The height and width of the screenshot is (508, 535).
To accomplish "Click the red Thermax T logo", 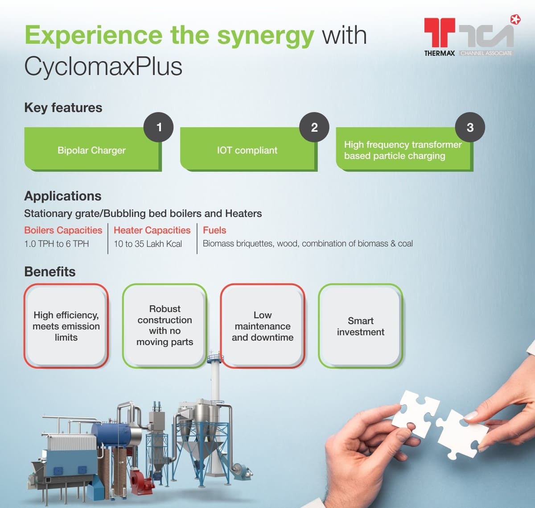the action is [x=440, y=32].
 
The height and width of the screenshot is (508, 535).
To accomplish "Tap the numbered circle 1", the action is [x=159, y=127].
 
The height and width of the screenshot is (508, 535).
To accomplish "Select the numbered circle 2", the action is [x=314, y=127].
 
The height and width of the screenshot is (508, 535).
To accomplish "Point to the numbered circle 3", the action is [x=470, y=127].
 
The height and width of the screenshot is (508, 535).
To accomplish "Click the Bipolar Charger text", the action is [x=91, y=150].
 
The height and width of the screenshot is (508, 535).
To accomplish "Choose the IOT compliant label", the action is [x=247, y=150].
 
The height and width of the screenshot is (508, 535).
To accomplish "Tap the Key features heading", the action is [x=63, y=108].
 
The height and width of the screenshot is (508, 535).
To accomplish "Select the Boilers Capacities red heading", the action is [x=63, y=230].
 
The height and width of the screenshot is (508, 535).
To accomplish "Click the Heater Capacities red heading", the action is [x=152, y=230].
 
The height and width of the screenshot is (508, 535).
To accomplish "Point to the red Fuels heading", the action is [x=214, y=230].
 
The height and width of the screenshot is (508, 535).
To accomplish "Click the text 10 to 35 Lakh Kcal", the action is [x=148, y=244].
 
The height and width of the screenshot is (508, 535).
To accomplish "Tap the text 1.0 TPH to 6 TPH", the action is [x=57, y=244].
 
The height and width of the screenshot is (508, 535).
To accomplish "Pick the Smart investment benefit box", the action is [x=361, y=326].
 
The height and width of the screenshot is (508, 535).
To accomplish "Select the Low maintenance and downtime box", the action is [x=263, y=326].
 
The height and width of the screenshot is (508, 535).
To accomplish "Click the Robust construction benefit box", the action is [x=165, y=326].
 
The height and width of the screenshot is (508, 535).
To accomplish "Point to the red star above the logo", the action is [x=515, y=20].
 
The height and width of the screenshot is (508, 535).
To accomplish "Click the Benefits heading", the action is [x=50, y=272].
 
